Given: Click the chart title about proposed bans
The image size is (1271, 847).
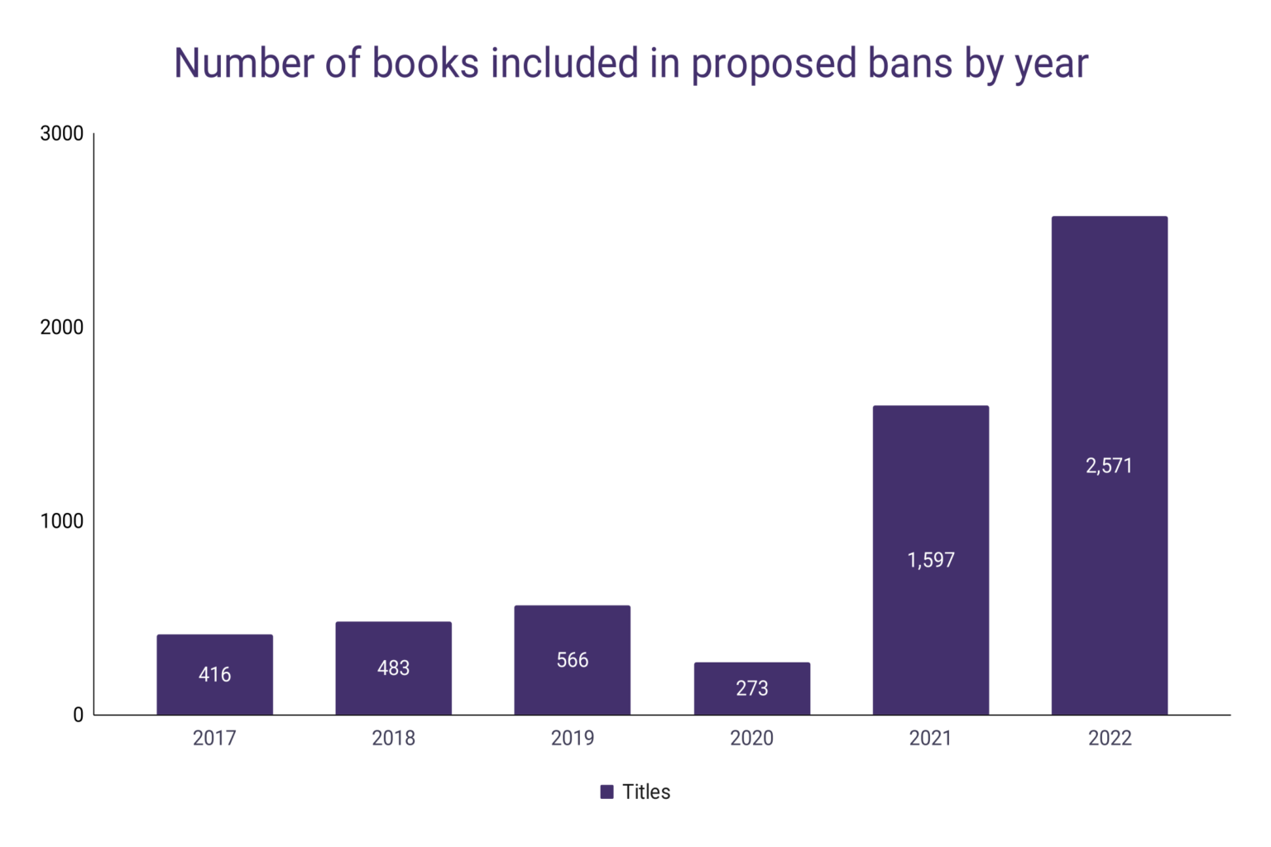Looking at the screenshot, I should [631, 64].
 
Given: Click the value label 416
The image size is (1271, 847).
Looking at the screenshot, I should [214, 675].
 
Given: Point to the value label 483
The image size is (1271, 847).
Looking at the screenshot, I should [393, 668].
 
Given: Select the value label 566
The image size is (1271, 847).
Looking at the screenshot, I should [572, 660].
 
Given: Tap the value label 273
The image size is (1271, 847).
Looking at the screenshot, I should [751, 688].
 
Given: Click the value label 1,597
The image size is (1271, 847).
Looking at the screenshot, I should [931, 561].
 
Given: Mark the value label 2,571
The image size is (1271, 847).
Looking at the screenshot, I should [1109, 467].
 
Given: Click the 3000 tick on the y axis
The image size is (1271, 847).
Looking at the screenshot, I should [62, 134].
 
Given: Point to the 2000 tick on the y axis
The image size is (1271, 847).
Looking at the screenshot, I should [62, 328].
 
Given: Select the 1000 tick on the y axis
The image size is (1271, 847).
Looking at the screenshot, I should [62, 521].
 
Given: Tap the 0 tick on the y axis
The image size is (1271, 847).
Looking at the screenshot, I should [78, 715].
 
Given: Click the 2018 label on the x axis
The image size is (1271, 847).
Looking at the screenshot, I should [393, 738].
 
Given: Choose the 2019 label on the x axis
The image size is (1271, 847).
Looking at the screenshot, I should [572, 738].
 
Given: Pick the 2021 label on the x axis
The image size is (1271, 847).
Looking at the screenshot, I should [930, 738].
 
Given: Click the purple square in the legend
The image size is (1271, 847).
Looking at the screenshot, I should [607, 792].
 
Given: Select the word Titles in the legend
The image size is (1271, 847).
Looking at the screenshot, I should [646, 792].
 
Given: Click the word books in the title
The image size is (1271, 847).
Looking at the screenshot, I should [424, 64].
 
